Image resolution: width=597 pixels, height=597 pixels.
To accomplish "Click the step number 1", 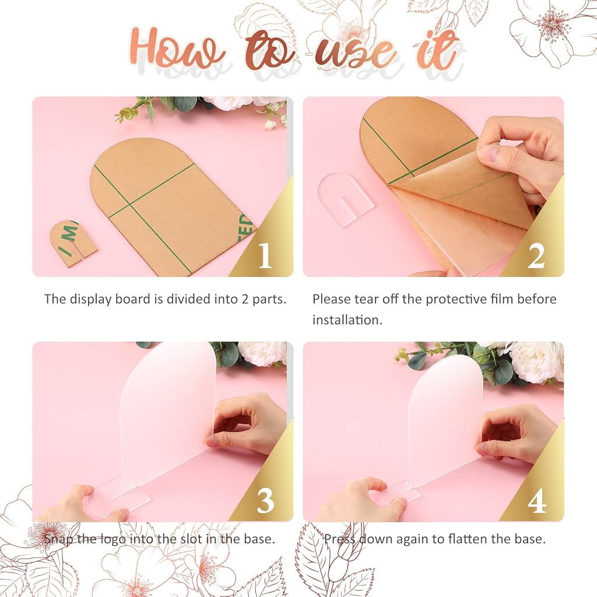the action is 265,255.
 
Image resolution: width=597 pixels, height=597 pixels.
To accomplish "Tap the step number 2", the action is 536,255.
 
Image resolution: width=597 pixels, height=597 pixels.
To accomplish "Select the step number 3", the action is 265,500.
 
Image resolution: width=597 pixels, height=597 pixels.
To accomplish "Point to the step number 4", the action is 537,500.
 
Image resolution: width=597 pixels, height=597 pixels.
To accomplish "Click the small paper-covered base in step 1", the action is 73,243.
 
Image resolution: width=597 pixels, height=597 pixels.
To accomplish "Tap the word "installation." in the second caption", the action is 347,320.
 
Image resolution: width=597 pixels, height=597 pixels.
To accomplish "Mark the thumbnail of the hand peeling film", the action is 433,187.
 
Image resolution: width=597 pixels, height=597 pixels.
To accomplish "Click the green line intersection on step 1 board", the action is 130,205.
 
